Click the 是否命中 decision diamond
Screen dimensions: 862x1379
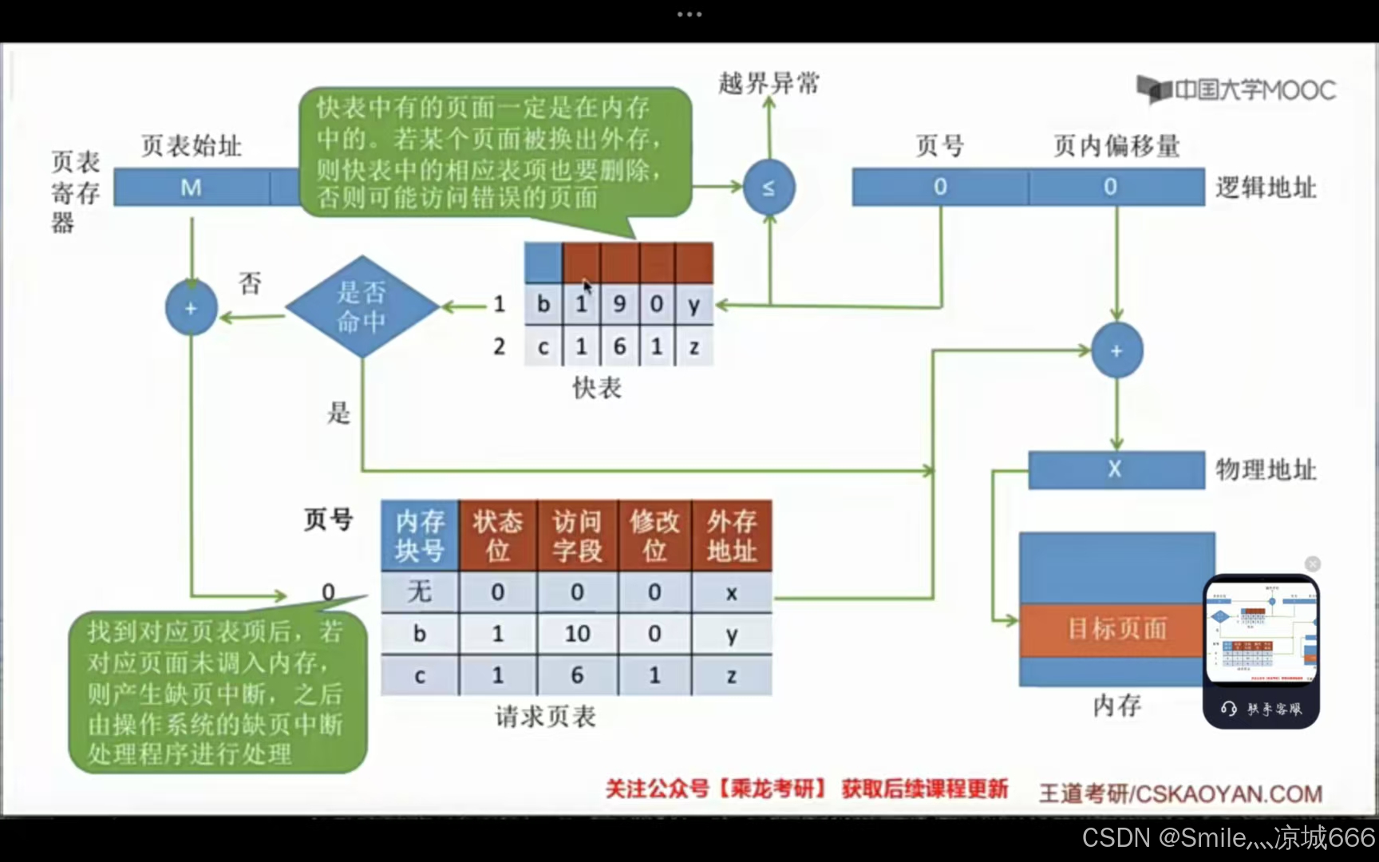tap(362, 306)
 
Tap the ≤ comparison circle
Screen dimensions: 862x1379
tap(769, 188)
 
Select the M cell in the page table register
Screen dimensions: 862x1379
tap(192, 188)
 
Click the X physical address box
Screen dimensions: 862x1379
tap(1115, 469)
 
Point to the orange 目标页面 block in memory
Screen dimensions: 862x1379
tap(1116, 629)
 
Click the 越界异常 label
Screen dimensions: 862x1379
tap(769, 83)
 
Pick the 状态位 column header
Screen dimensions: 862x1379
tap(497, 536)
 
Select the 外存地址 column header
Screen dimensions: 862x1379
tap(731, 536)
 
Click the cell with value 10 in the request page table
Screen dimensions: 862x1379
tap(577, 634)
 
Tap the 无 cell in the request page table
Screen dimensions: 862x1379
tap(420, 592)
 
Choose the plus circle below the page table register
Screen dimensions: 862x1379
tap(191, 308)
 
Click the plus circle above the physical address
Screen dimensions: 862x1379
tap(1116, 350)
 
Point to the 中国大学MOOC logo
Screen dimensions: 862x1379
tap(1236, 89)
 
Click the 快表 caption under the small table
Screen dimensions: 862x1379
tap(597, 388)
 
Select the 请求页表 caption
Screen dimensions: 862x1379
tap(545, 717)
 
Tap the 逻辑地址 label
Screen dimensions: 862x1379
tap(1266, 188)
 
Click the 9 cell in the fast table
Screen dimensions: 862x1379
tap(619, 304)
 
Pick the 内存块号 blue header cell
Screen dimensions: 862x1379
tap(420, 536)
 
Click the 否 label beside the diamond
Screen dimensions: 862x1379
tap(250, 283)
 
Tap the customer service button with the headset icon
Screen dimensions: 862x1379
tap(1261, 709)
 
